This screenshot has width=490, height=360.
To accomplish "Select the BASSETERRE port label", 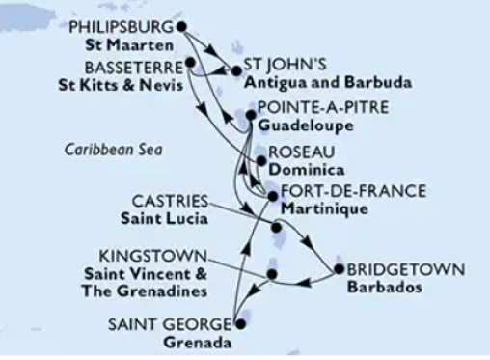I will pyautogui.click(x=136, y=68).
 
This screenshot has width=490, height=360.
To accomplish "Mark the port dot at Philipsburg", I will pyautogui.click(x=180, y=27).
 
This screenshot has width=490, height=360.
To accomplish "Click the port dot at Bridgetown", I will pyautogui.click(x=339, y=268).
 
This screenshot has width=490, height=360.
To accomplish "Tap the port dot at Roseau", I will pyautogui.click(x=259, y=160).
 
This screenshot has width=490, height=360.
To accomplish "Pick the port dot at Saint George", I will pyautogui.click(x=234, y=325).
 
